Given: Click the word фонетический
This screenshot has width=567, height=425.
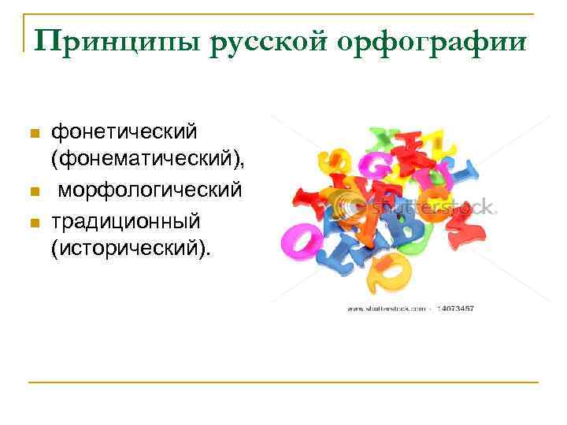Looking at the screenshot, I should tap(124, 129).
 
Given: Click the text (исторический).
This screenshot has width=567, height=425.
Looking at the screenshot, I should tap(131, 249).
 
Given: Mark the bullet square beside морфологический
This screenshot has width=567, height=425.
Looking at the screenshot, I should tap(32, 192).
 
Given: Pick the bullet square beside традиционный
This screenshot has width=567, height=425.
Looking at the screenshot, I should tap(32, 222).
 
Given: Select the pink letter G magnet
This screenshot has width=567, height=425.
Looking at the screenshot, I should tap(370, 165).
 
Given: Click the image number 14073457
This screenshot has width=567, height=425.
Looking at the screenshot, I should tap(456, 309).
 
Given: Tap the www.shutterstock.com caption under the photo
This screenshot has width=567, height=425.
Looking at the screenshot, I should tap(387, 309).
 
